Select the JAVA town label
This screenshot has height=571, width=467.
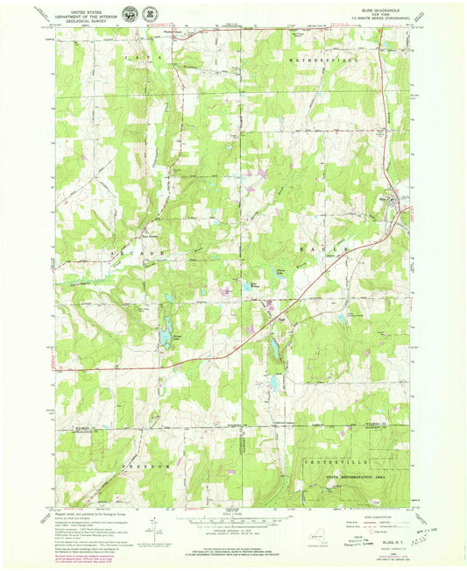click(x=137, y=55)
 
